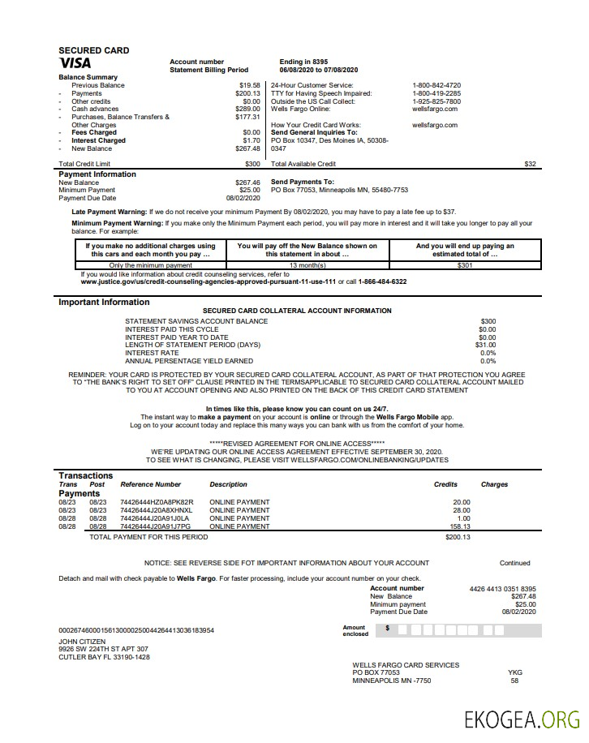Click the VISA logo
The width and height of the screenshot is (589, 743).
click(x=75, y=63)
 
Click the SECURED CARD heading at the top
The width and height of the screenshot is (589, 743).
click(x=93, y=50)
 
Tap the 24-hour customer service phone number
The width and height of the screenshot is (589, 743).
click(x=436, y=85)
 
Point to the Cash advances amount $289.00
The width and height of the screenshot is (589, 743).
click(x=247, y=109)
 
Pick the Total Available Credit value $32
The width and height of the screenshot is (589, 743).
click(x=530, y=164)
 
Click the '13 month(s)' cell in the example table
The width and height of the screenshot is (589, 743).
click(x=307, y=265)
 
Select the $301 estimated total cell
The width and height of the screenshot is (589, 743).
click(x=465, y=265)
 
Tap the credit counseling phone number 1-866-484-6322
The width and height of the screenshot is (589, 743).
click(x=382, y=281)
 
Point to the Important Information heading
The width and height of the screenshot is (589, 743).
click(x=104, y=303)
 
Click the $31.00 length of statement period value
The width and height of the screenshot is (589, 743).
click(x=485, y=345)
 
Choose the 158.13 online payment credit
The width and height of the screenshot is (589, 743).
click(x=461, y=526)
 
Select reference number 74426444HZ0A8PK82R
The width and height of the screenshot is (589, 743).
click(x=157, y=502)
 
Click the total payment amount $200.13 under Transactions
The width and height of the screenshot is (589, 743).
click(x=458, y=537)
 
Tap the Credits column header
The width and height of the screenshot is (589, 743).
click(x=445, y=484)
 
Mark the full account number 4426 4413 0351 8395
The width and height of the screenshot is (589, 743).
click(x=502, y=589)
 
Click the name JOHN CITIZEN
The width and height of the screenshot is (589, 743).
click(x=82, y=642)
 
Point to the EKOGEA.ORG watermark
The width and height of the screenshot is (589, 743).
click(x=522, y=719)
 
